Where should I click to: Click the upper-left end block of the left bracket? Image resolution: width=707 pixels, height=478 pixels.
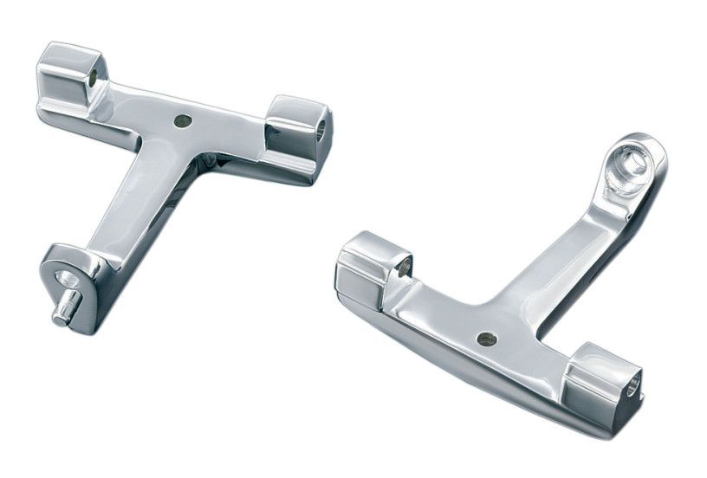72,76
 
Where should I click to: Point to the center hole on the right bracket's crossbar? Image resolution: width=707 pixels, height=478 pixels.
486,339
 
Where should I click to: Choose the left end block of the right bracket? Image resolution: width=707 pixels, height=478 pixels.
369,268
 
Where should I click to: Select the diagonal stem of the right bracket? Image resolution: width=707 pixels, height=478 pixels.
563,251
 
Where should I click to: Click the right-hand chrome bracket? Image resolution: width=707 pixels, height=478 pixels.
511,294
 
